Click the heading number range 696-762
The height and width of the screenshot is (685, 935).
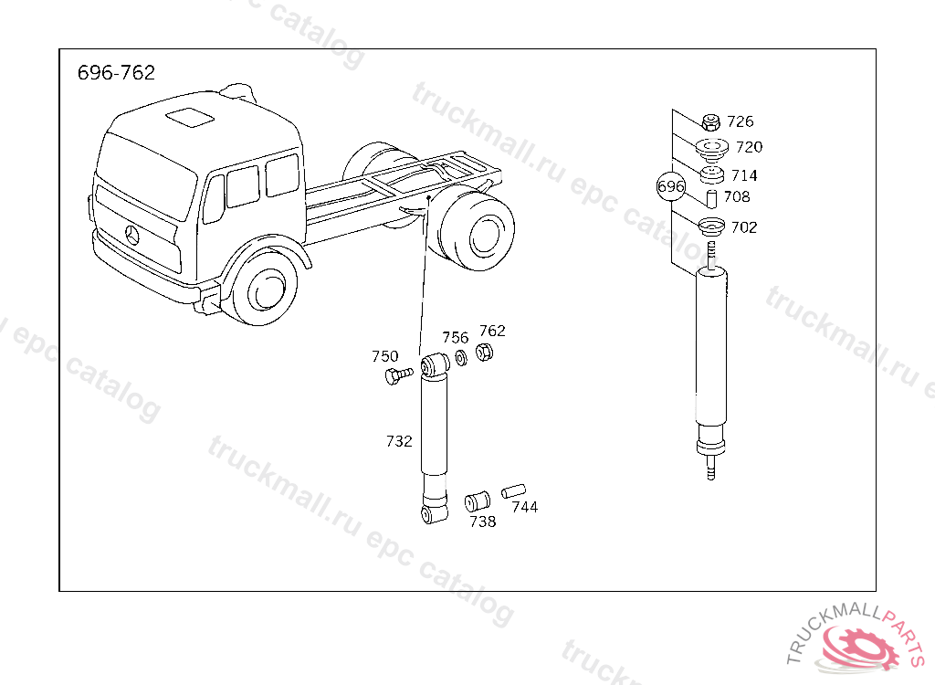click(116, 73)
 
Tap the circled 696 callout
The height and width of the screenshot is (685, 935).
click(671, 186)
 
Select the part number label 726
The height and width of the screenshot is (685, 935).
click(741, 121)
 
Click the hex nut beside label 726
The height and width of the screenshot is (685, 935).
click(710, 122)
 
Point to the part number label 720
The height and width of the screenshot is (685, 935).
click(749, 147)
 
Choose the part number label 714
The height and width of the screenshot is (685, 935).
click(744, 175)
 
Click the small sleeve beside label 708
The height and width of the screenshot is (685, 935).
click(711, 199)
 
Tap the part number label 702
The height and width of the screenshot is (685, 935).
click(744, 227)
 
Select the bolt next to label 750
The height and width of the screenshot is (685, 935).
click(398, 376)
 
